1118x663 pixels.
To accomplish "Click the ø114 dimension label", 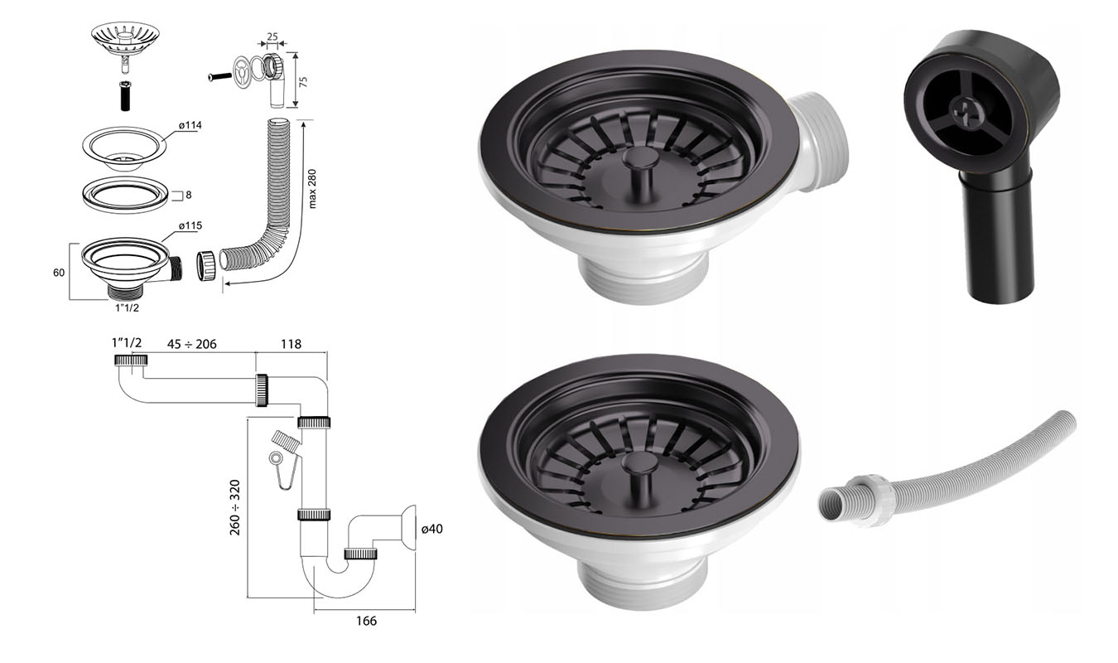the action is (x=190, y=125).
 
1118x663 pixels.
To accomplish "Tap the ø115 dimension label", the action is (x=190, y=225).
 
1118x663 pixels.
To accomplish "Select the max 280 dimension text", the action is (x=312, y=189).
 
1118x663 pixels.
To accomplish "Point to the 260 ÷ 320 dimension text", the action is (x=234, y=507).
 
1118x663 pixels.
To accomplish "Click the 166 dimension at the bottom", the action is (x=366, y=621).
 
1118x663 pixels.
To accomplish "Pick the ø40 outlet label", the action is (x=431, y=529).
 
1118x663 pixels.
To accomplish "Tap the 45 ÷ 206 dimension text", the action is (x=191, y=344).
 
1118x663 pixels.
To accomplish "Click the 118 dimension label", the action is (x=291, y=344).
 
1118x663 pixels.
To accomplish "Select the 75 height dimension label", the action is (x=303, y=81).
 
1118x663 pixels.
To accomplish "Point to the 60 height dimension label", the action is (x=59, y=273).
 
